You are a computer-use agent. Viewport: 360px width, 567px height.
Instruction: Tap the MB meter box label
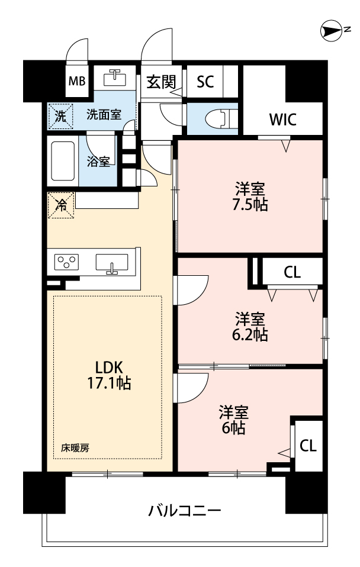point(77,81)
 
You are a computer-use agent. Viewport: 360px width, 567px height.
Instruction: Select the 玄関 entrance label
point(161,82)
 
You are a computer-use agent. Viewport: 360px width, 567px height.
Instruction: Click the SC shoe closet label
point(205,82)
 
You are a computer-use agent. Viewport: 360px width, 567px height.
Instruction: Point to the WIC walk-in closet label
point(283,120)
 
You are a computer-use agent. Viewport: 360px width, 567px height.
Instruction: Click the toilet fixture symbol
point(219,118)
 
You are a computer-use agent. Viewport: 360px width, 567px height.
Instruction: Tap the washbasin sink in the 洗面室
point(115,78)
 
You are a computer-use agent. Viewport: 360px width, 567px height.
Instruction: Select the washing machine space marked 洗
point(60,117)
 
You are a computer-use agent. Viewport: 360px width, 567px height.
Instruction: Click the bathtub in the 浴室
point(63,161)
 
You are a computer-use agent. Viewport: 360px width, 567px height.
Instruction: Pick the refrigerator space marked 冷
point(61,205)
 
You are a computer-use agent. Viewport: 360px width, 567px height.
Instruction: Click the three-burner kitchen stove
point(66,262)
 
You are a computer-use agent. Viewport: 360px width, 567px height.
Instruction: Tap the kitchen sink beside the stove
point(112,263)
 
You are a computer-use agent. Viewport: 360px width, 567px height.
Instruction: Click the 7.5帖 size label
point(250,205)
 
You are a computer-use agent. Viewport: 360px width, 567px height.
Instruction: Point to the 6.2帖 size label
point(250,335)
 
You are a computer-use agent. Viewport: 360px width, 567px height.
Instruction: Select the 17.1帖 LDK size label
point(109,383)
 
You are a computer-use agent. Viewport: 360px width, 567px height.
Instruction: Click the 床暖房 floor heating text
point(75,448)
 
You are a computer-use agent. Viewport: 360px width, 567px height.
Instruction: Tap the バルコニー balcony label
point(185,511)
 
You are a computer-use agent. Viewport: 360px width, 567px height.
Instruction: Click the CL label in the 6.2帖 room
point(292,272)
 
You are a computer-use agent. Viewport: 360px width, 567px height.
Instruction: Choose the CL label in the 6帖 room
point(308,446)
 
